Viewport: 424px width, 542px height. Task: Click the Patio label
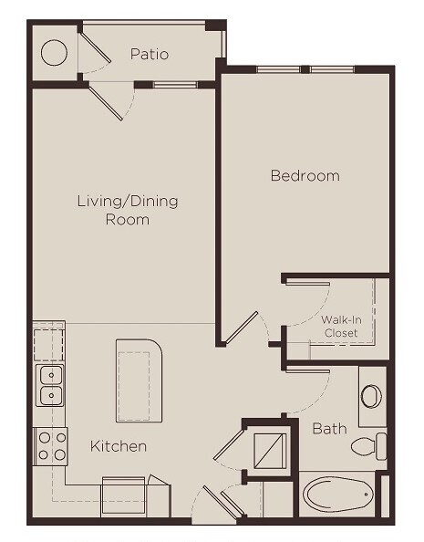click(x=149, y=54)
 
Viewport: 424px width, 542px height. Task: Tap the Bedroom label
click(x=305, y=175)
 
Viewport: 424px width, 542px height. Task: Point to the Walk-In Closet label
click(x=341, y=326)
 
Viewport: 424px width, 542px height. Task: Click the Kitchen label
click(x=119, y=446)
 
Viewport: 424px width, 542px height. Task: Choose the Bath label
click(x=329, y=427)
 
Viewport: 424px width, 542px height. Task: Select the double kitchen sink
click(x=50, y=385)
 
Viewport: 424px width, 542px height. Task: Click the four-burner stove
click(x=51, y=445)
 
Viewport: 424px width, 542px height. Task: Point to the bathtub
click(x=337, y=495)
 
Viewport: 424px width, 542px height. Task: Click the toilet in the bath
click(x=369, y=447)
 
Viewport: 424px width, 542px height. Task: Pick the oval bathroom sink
click(x=371, y=396)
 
